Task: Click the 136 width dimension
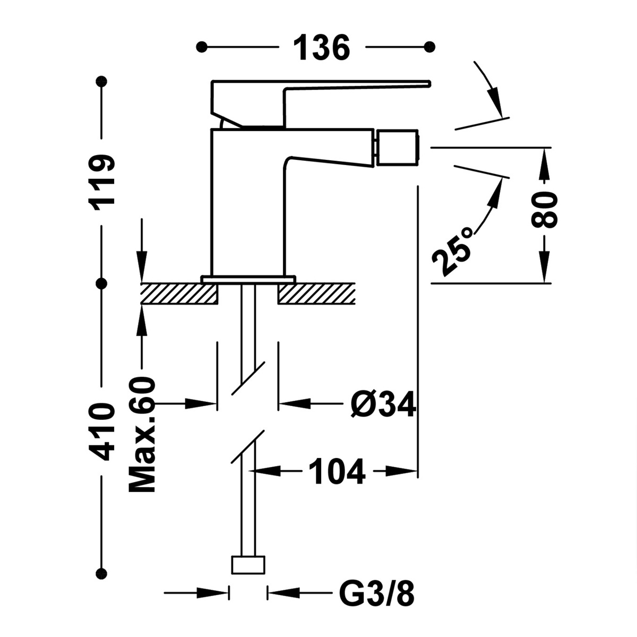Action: point(322,48)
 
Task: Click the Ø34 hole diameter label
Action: point(382,406)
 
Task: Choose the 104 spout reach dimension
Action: point(338,471)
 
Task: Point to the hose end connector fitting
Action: point(248,564)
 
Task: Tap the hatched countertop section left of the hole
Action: point(179,294)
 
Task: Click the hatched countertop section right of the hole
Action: point(316,294)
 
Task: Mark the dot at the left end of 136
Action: point(201,47)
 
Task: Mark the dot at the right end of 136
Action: point(430,47)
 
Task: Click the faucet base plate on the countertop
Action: point(248,278)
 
